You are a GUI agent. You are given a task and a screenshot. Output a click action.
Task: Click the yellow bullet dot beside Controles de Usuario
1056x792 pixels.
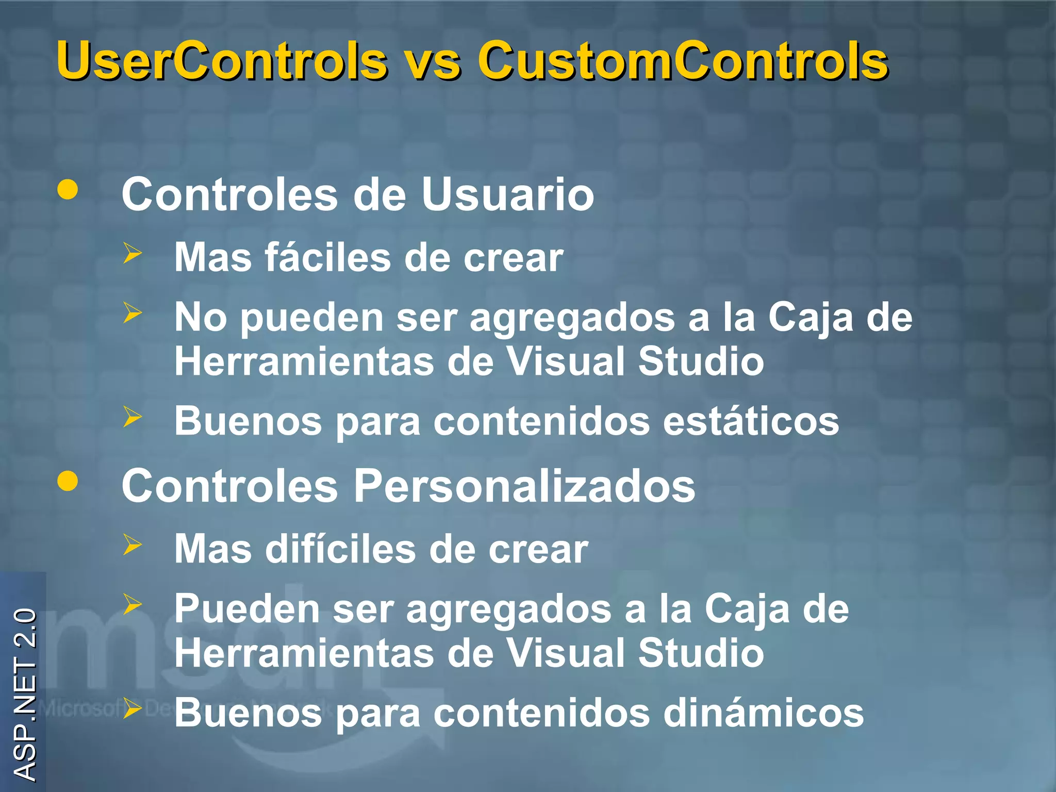[68, 189]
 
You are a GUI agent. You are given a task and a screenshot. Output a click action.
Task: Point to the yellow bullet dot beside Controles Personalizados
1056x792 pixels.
[68, 481]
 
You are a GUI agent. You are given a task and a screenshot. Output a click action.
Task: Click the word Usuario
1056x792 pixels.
[507, 194]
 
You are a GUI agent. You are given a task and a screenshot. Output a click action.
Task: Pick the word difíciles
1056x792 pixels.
[340, 549]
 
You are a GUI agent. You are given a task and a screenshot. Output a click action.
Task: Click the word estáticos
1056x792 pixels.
[751, 421]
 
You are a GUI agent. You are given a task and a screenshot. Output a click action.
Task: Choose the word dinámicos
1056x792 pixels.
[763, 713]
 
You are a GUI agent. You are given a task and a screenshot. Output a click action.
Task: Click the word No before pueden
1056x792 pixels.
[201, 317]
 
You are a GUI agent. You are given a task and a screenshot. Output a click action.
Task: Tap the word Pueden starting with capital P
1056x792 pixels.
[247, 609]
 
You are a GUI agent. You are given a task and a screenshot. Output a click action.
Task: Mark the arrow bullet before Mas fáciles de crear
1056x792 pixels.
[133, 253]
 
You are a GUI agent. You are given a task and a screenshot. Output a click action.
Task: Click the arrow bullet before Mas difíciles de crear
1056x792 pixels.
[133, 545]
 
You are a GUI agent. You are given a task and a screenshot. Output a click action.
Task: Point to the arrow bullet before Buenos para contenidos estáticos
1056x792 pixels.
[133, 417]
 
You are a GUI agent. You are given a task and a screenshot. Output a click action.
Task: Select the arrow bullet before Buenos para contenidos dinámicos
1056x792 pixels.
[133, 708]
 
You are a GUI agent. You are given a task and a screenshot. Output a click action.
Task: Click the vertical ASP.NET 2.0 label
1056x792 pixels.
[25, 694]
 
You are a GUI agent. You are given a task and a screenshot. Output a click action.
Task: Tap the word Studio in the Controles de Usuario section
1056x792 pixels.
[701, 361]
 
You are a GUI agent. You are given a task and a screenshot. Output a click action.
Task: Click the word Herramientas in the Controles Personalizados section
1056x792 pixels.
[304, 653]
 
